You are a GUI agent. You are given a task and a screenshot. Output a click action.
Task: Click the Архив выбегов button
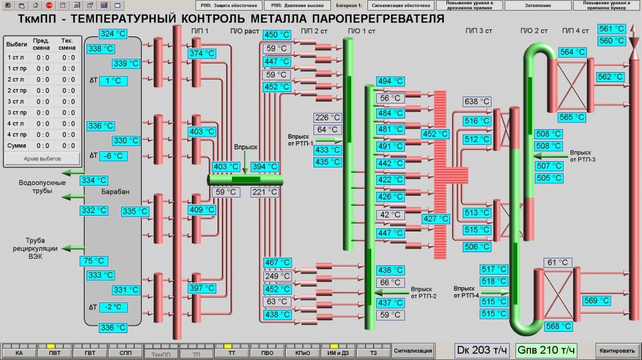click(x=43, y=158)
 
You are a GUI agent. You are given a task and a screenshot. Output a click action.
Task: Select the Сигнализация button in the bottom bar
click(x=413, y=351)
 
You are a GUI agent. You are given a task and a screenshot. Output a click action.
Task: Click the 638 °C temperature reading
click(x=476, y=102)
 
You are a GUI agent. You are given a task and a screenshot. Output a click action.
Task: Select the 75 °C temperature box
click(x=94, y=261)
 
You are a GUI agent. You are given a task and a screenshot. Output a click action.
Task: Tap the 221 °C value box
click(x=264, y=193)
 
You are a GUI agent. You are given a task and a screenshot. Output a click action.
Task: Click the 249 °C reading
click(x=276, y=276)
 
